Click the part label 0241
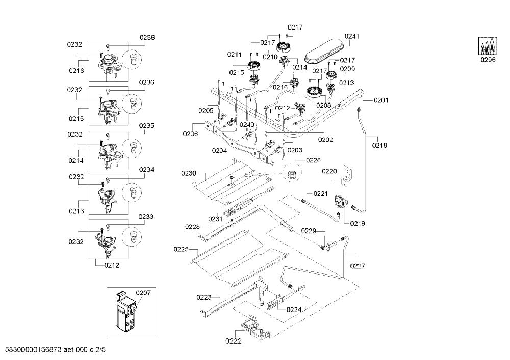pyautogui.click(x=351, y=36)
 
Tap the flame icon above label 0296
pyautogui.click(x=488, y=45)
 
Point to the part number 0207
pyautogui.click(x=143, y=293)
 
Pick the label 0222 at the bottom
pyautogui.click(x=234, y=341)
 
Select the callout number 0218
pyautogui.click(x=379, y=145)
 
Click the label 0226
pyautogui.click(x=313, y=160)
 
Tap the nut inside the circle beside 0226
pyautogui.click(x=292, y=174)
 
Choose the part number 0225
pyautogui.click(x=181, y=249)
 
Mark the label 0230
pyautogui.click(x=189, y=173)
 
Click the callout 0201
pyautogui.click(x=381, y=100)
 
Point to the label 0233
pyautogui.click(x=146, y=217)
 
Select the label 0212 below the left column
pyautogui.click(x=112, y=265)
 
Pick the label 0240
pyautogui.click(x=247, y=125)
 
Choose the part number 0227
pyautogui.click(x=358, y=266)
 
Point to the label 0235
pyautogui.click(x=146, y=126)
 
